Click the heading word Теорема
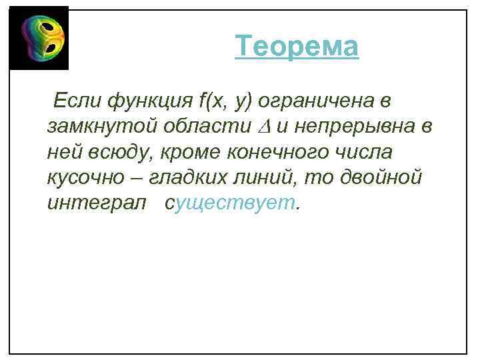(297, 47)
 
